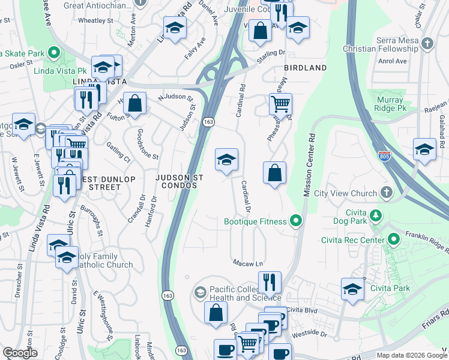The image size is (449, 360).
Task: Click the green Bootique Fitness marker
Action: point(295,222)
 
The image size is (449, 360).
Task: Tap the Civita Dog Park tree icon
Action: point(376,215)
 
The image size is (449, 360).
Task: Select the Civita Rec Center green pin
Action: point(394,240)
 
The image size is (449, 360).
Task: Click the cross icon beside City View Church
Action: point(387,193)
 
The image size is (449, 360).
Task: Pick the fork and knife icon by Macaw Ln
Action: point(270,281)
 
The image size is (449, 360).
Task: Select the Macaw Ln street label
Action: point(249,263)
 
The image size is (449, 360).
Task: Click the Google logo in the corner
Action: point(20,353)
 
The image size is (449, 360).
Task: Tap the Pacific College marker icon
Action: point(199,292)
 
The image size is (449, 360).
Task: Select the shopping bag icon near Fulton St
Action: point(135,103)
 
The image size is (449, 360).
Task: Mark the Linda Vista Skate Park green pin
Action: point(53,53)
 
